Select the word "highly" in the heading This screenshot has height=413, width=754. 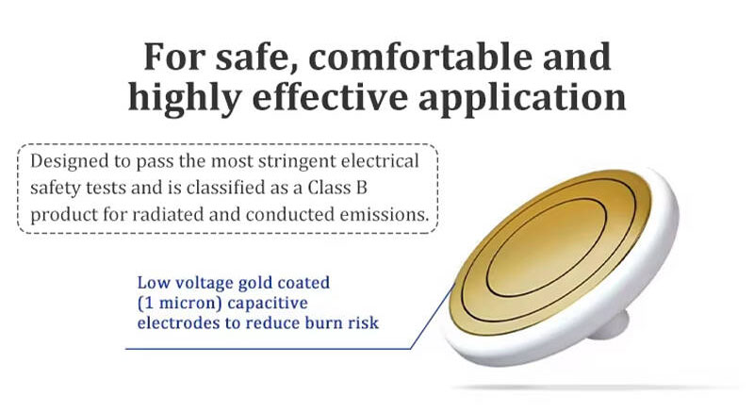(x=184, y=98)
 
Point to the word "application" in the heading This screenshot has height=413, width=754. (x=522, y=98)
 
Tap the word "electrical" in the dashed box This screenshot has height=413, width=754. (x=380, y=161)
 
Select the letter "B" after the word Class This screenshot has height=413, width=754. (x=361, y=188)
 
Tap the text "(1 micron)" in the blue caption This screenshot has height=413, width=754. (x=179, y=304)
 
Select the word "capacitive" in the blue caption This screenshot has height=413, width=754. (x=268, y=304)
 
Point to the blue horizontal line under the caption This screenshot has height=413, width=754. (x=268, y=349)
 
